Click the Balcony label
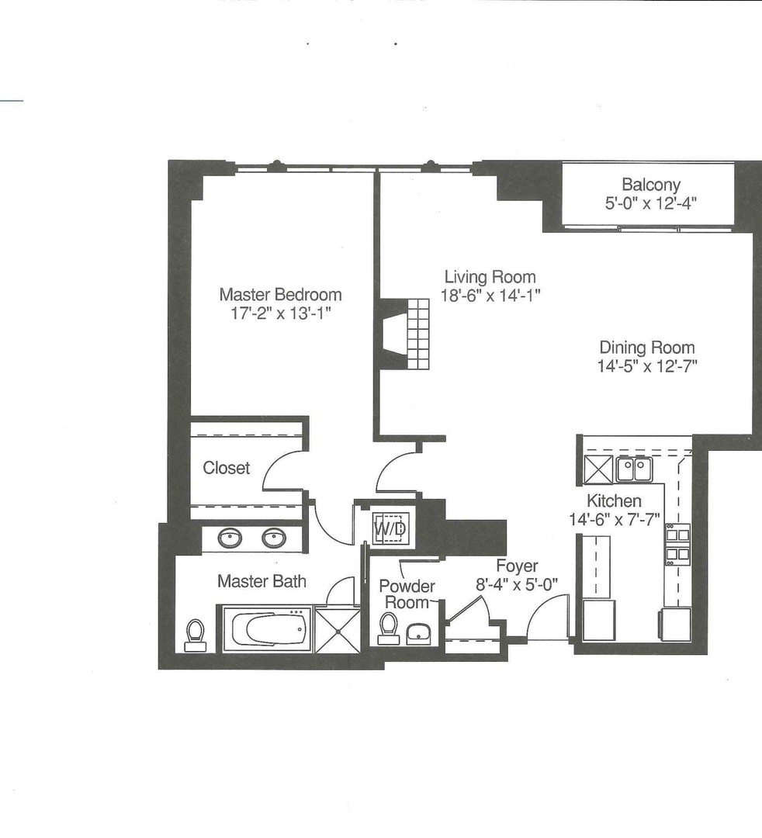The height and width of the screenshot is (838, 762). [650, 185]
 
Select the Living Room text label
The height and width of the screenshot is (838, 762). [490, 277]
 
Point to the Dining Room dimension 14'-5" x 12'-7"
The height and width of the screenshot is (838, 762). [647, 365]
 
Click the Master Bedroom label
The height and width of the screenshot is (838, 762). [280, 295]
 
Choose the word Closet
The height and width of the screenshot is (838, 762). [227, 468]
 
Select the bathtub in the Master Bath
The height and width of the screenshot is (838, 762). [266, 628]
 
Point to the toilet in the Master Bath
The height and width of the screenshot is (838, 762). [196, 634]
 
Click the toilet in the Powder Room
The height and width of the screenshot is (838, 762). [389, 628]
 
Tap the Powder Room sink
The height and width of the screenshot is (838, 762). [421, 632]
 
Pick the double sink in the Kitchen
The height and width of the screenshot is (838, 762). [635, 469]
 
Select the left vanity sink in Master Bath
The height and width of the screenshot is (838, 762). [229, 538]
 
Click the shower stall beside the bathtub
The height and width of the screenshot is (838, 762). [338, 630]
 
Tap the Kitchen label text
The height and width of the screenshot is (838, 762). [614, 501]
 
